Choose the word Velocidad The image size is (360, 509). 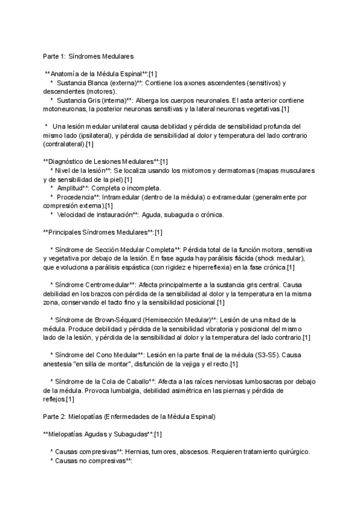[x=77, y=215]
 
